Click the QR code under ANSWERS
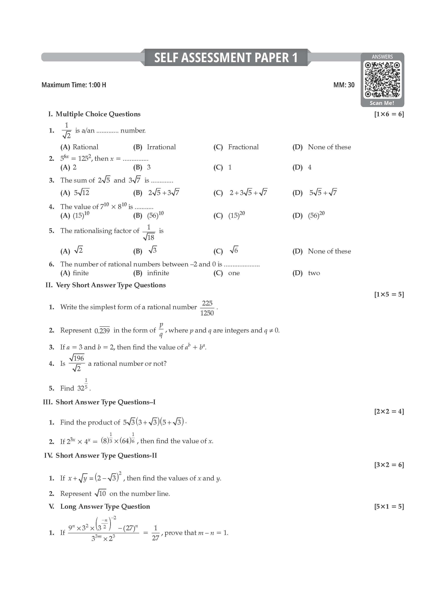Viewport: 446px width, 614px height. pos(382,79)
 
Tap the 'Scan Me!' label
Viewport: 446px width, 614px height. pos(382,103)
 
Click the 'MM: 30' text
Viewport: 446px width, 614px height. pos(344,85)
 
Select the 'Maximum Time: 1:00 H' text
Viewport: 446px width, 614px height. pos(74,85)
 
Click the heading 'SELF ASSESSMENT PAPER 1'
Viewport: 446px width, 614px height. pos(226,58)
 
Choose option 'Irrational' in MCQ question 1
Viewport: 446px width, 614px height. pos(161,147)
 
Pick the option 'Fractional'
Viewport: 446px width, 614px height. pos(243,147)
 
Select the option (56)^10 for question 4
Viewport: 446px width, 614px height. pos(155,215)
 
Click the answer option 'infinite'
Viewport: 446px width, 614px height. pos(158,273)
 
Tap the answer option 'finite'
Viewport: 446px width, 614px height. pos(81,273)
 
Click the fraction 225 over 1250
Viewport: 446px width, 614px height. pos(207,308)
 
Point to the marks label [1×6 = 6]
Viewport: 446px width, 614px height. pos(389,114)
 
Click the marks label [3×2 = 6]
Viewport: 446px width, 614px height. pos(389,465)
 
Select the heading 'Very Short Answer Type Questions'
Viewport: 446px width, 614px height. pos(111,285)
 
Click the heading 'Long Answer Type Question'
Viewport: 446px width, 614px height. pos(105,507)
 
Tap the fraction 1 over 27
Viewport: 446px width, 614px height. pos(155,533)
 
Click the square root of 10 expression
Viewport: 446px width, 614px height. pos(100,493)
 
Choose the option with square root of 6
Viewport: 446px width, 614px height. pos(234,251)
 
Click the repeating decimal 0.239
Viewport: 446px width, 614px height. pos(102,330)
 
